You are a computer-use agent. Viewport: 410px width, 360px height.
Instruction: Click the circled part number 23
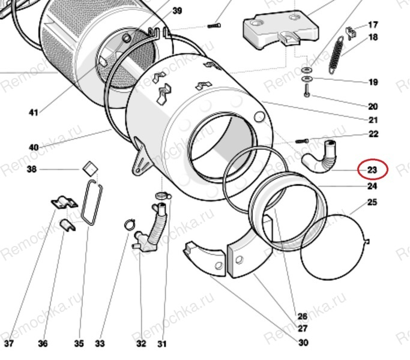[x=372, y=170]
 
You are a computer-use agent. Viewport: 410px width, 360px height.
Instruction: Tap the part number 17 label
[x=373, y=25]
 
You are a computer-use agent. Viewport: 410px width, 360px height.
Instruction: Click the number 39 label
[x=177, y=11]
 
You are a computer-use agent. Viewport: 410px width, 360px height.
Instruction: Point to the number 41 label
[x=33, y=112]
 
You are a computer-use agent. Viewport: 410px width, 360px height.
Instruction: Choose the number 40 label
[x=33, y=148]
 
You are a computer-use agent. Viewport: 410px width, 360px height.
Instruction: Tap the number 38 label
[x=32, y=169]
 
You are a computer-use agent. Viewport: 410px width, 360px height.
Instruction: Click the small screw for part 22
[x=301, y=140]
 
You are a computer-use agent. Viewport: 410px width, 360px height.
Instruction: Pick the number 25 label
[x=372, y=202]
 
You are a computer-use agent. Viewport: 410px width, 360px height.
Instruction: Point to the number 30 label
[x=303, y=343]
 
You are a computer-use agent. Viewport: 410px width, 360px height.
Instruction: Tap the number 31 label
[x=162, y=344]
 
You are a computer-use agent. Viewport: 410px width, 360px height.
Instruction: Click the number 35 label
[x=79, y=344]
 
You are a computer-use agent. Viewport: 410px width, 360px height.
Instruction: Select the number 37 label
[x=8, y=344]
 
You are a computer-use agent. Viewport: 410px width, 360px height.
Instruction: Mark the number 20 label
[x=373, y=106]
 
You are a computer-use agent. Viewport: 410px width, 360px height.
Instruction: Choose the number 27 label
[x=303, y=329]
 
